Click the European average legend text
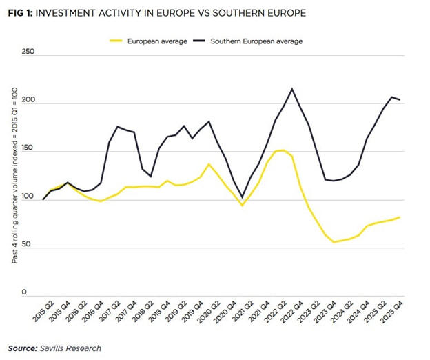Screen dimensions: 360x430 [157, 41]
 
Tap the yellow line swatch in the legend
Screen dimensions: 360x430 [117, 41]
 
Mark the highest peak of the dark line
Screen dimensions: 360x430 [292, 88]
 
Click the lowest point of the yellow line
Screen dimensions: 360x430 [334, 242]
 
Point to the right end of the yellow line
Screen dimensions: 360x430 [400, 217]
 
